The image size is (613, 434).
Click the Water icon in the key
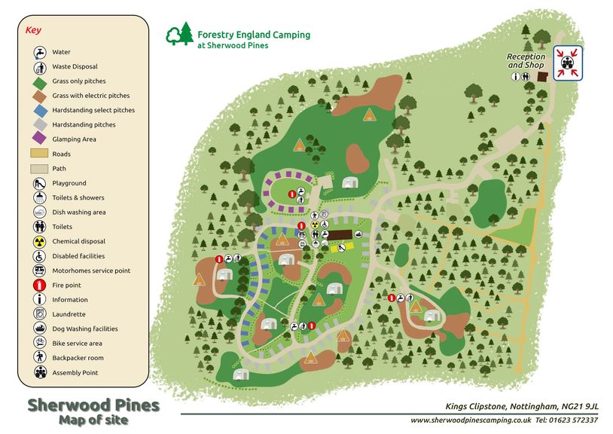(39, 52)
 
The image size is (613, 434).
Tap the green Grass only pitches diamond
(39, 81)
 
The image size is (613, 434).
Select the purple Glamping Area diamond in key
(39, 139)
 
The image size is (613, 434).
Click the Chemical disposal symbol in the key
(39, 242)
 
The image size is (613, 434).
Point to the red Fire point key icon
(39, 286)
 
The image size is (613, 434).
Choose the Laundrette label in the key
(69, 314)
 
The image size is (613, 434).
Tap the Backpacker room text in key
(78, 358)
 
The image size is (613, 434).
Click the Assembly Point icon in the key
(39, 372)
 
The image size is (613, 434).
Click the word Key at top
(33, 31)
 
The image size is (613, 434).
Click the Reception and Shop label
(525, 61)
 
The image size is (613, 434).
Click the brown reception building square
(542, 77)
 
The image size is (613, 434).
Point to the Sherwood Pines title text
(93, 405)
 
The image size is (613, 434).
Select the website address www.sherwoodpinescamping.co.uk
(471, 420)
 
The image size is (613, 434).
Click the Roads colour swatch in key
(39, 154)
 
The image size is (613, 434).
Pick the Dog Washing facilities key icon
(39, 329)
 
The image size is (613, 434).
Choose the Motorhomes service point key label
(91, 270)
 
